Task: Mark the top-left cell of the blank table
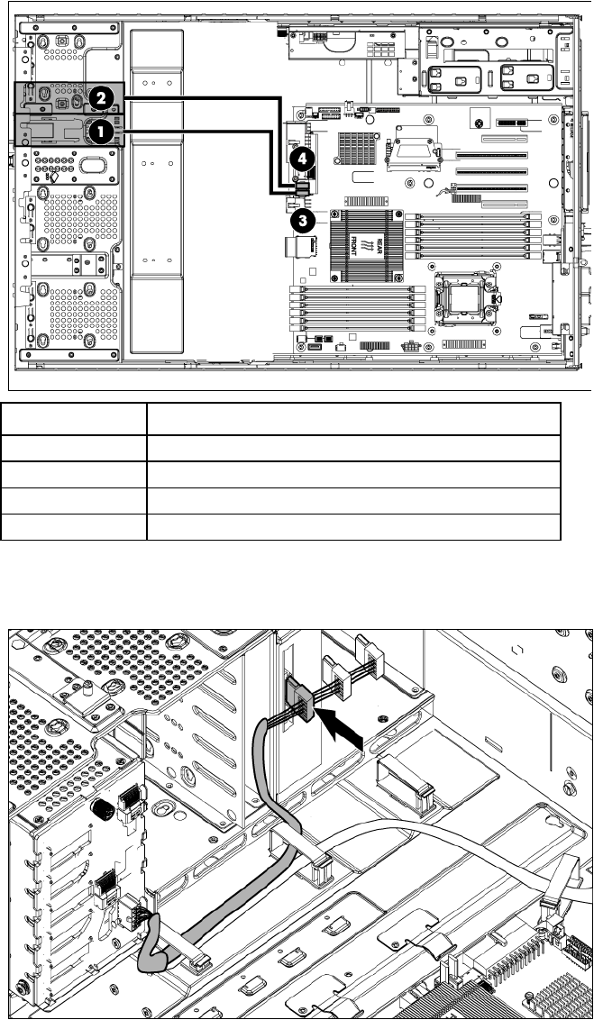pos(73,420)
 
